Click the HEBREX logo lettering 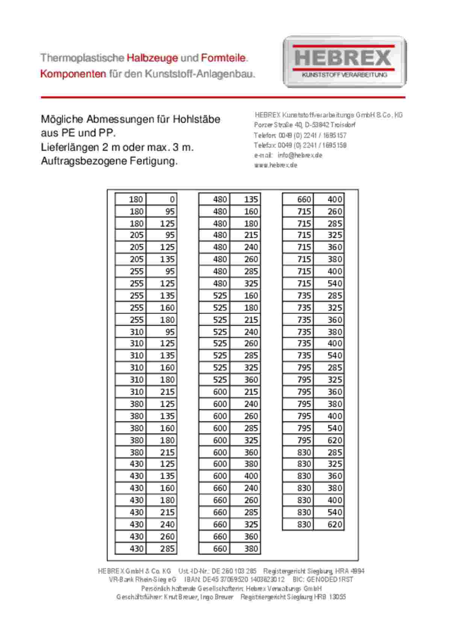click(x=343, y=57)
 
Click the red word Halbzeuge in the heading click(x=152, y=58)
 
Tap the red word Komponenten click(x=73, y=74)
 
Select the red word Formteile click(x=224, y=58)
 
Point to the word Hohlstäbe click(x=197, y=119)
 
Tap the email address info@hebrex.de click(x=300, y=155)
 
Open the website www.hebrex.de click(x=275, y=165)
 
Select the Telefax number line click(x=300, y=145)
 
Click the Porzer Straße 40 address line click(x=305, y=125)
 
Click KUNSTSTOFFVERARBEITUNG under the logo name click(x=344, y=75)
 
